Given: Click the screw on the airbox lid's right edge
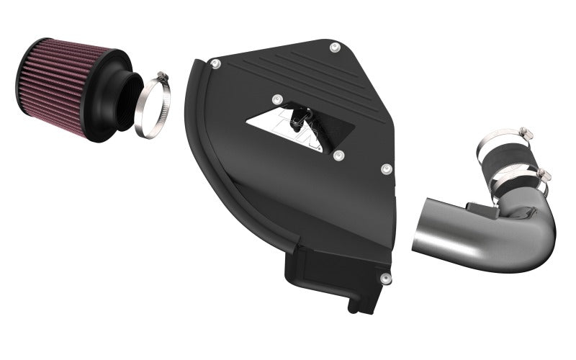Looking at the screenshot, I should (x=387, y=168).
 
